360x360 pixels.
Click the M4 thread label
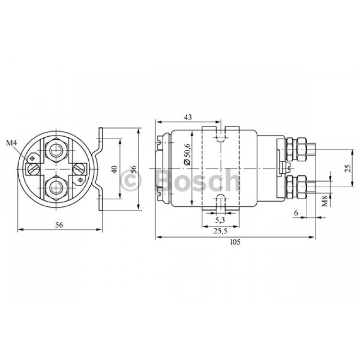[x=12, y=143]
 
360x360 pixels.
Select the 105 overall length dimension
[x=235, y=242]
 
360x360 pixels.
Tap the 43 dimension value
[x=188, y=117]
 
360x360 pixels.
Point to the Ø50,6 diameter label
[x=187, y=154]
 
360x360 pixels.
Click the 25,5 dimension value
[x=220, y=231]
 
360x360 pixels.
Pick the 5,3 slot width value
[x=220, y=220]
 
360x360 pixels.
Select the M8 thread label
[x=324, y=201]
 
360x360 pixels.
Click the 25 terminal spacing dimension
[x=348, y=168]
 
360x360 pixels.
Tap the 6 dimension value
[x=296, y=213]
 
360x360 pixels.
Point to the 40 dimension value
[x=115, y=169]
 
